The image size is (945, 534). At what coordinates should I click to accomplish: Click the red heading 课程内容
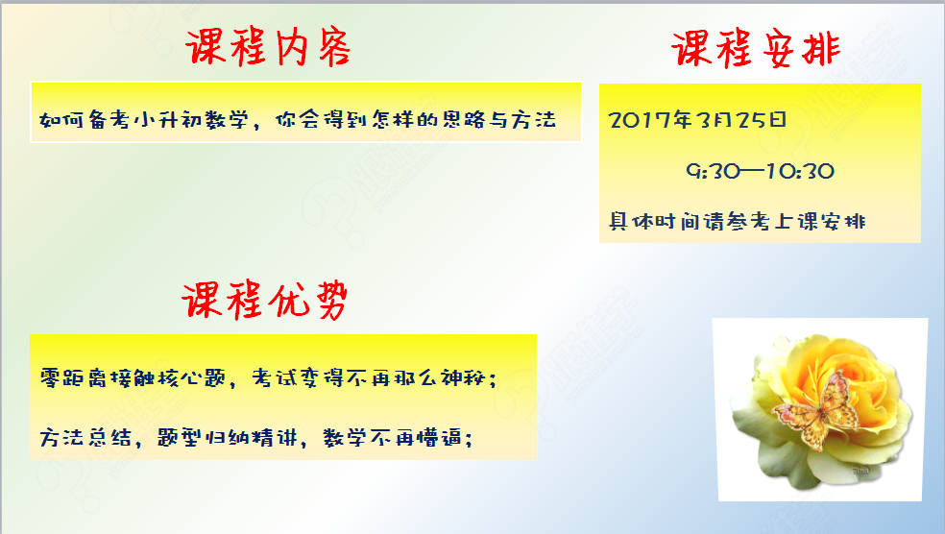click(268, 47)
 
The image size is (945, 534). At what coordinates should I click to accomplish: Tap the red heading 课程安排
click(756, 49)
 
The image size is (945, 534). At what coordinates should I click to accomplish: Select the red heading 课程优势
click(265, 301)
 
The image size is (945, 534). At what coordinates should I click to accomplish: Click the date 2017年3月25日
click(697, 120)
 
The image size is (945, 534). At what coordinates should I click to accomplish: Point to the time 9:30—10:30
click(760, 171)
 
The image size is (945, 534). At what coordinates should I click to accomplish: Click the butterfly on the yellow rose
click(817, 411)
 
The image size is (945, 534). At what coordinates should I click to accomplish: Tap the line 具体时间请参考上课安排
click(737, 221)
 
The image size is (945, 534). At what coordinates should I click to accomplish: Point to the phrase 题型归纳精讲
click(228, 437)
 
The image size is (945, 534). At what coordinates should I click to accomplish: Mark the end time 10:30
click(800, 171)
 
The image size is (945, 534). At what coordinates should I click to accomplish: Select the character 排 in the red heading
click(821, 49)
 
